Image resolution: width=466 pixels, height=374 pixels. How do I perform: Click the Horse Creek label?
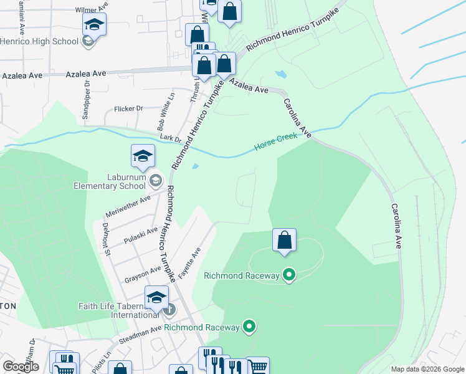pos(275,143)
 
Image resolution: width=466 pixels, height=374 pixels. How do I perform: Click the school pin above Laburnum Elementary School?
pos(143,156)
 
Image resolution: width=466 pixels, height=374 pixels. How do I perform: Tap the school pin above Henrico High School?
pos(94,25)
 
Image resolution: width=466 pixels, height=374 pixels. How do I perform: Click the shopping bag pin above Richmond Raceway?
pos(284,240)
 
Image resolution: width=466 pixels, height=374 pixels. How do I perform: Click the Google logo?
pos(21,367)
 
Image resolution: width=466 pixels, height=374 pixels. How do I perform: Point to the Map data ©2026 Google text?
pos(427,369)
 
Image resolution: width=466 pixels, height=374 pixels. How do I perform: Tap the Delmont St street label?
pos(106,239)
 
